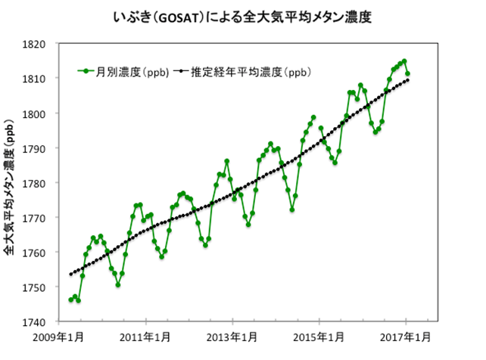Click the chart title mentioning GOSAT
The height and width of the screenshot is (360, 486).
242,14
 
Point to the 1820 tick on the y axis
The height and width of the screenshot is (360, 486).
36,44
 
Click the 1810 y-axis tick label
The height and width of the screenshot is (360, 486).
36,79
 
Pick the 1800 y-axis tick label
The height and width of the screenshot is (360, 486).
36,113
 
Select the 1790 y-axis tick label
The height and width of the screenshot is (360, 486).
36,148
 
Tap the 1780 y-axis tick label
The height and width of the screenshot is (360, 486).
36,183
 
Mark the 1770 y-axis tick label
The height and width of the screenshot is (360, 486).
36,218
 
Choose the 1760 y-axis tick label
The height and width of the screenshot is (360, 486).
36,253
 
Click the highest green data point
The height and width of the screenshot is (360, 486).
404,61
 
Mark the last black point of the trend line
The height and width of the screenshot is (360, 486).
407,80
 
